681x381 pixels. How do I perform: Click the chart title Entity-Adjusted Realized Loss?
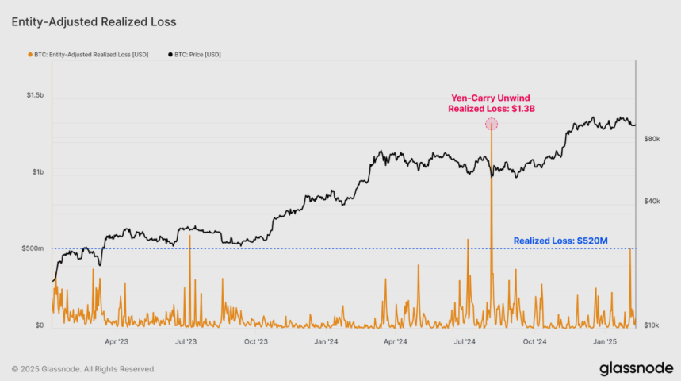94,22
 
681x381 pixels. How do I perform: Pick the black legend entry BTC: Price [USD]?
194,54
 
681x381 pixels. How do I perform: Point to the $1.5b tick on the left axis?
34,95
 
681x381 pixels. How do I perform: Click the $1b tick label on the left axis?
37,172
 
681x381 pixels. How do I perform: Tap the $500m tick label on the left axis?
33,248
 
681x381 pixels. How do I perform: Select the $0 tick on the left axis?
39,325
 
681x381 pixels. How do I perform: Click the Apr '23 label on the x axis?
117,342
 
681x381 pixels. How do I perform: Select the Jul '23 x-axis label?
186,342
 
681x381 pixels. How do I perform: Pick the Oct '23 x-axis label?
256,342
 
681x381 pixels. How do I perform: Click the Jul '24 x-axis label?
465,342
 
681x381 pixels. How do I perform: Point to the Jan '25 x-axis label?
606,342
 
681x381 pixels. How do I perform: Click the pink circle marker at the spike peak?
492,124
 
